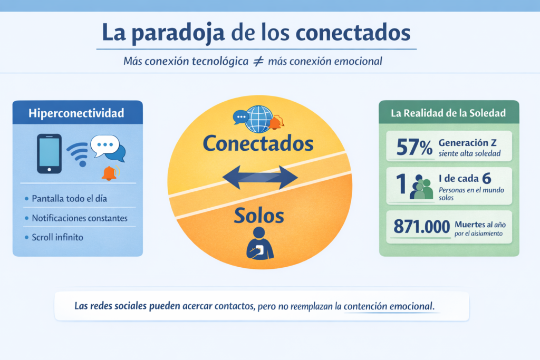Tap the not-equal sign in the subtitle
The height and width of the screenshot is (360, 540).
click(x=258, y=61)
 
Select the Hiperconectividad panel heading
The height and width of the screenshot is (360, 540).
click(x=77, y=113)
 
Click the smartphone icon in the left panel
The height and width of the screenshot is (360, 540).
click(x=49, y=153)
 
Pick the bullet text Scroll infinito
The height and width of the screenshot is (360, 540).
click(x=57, y=237)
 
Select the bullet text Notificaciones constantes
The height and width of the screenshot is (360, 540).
click(x=80, y=218)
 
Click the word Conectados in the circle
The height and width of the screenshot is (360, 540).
click(x=258, y=143)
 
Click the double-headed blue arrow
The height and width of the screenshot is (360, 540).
click(x=261, y=178)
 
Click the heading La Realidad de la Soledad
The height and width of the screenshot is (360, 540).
click(x=449, y=113)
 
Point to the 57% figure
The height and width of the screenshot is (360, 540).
click(x=414, y=147)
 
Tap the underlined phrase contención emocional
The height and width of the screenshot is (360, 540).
click(x=391, y=306)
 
